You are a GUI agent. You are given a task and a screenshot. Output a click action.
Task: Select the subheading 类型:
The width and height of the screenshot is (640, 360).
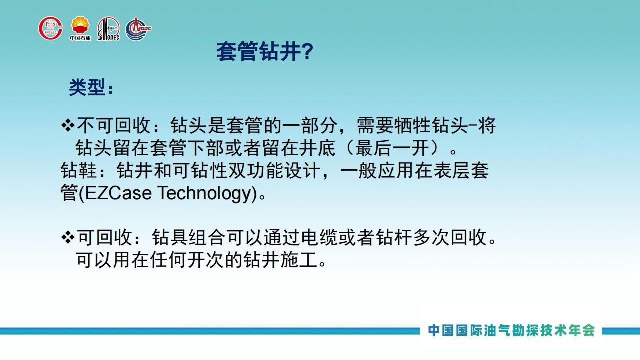click(x=91, y=87)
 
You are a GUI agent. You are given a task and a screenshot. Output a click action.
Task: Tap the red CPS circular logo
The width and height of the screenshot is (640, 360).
click(x=51, y=28)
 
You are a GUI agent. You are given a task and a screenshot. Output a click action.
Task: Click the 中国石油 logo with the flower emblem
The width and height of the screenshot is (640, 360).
click(x=80, y=28)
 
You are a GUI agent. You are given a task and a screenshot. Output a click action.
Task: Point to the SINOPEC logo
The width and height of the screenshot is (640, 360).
click(x=109, y=29)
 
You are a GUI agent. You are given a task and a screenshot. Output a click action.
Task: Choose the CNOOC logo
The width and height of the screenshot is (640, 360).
click(x=138, y=29)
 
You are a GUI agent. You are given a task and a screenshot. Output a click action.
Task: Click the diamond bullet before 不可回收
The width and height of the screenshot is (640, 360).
click(x=68, y=125)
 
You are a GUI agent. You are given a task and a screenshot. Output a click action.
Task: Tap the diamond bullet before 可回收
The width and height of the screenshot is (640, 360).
click(x=68, y=237)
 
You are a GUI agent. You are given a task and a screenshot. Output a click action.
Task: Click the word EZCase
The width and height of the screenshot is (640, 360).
click(x=118, y=193)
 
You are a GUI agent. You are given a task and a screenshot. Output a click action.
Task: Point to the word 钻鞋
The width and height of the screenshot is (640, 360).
click(x=78, y=171)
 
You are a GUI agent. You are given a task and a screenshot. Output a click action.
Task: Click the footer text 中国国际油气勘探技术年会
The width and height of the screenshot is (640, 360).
click(x=511, y=331)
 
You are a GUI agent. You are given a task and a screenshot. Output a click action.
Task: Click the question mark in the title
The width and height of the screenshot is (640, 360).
click(x=307, y=51)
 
